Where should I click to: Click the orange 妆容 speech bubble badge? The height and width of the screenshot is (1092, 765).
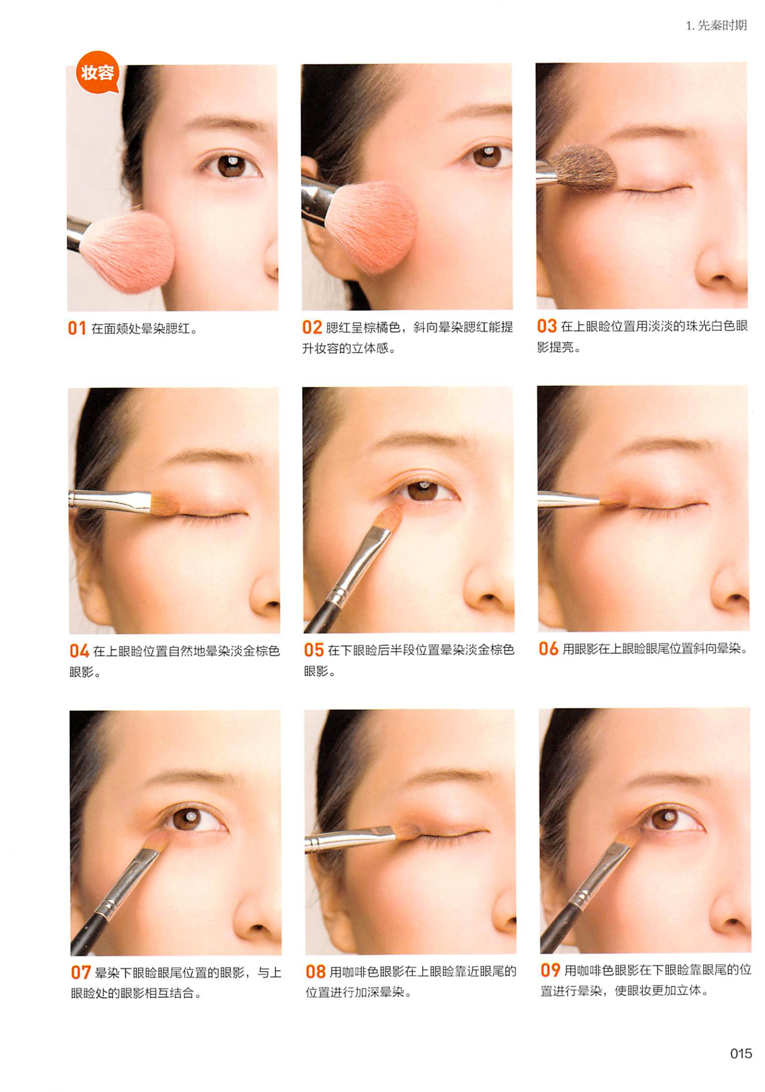pos(97,72)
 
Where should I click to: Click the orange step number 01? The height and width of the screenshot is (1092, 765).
pos(76,328)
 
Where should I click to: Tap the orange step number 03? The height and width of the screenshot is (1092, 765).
pos(547,326)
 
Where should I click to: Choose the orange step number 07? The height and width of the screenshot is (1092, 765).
pos(81,972)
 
